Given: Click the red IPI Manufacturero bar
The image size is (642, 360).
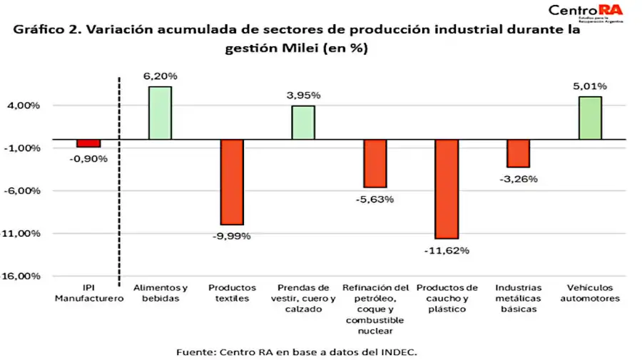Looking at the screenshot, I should coord(88,143).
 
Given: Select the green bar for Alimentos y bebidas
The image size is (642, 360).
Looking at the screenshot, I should coord(160,113).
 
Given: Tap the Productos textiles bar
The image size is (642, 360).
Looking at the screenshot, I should coord(232,182).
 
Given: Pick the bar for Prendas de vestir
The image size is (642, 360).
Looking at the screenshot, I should coord(303,122).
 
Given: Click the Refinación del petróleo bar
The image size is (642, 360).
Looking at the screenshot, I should coord(374,163).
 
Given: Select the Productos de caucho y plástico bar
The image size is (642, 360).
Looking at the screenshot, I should coord(447,189).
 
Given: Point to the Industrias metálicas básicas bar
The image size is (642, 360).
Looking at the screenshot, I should coord(518,153).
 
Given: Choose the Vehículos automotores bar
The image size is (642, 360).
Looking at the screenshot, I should coord(590,118).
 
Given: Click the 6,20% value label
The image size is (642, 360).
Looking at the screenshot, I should coord(160,76).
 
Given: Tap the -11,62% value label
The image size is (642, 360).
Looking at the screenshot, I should coord(447,250).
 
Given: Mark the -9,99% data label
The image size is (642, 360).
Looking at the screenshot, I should coord(232,236).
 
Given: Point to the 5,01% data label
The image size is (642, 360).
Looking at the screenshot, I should coord(590,86).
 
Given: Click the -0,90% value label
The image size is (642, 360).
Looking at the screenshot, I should coord(88,158).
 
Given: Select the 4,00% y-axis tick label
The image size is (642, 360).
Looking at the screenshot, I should coord(25,106).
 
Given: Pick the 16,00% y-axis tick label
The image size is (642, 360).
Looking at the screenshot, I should coord(25,277).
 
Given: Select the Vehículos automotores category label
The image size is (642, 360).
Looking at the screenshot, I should coord(590,293).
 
